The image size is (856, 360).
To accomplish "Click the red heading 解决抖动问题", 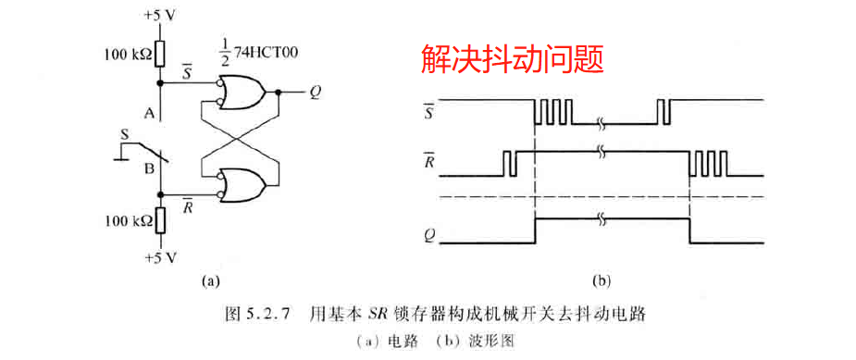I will click(x=512, y=60).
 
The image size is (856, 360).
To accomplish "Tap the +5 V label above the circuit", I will click(x=159, y=16).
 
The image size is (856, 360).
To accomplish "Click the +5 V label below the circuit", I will click(x=159, y=254).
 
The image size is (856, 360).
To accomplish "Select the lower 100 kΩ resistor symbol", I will click(x=160, y=219).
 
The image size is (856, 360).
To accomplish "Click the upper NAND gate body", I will click(x=243, y=93).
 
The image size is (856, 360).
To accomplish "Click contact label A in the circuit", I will click(x=147, y=114).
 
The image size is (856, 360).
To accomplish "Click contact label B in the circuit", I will click(x=147, y=169).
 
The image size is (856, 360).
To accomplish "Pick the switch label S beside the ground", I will click(x=124, y=135).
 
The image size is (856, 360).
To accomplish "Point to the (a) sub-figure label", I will click(x=210, y=277).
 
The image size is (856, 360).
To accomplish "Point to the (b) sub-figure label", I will click(x=601, y=279).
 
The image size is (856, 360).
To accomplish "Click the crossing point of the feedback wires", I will click(x=239, y=138).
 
